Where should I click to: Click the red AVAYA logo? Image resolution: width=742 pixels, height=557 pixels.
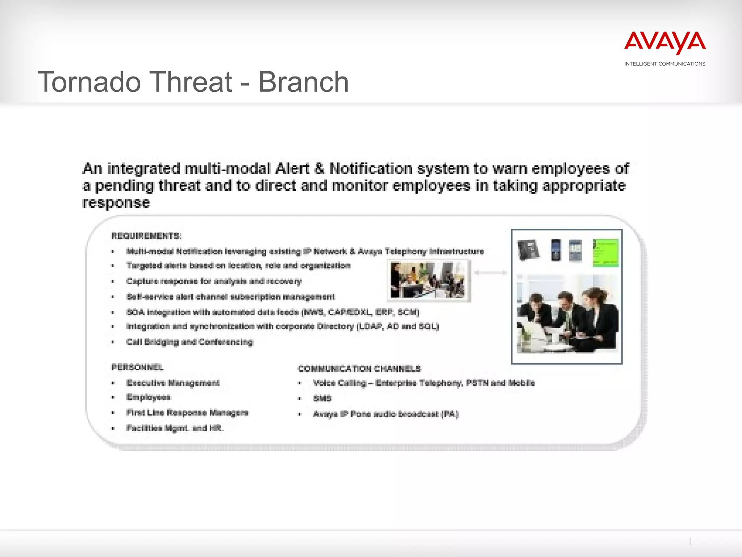tap(665, 42)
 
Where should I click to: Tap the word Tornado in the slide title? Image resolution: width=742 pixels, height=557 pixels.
tap(89, 82)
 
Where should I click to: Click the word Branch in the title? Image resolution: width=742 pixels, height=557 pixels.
tap(303, 82)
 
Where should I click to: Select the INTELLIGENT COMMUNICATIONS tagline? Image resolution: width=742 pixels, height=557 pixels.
tap(665, 64)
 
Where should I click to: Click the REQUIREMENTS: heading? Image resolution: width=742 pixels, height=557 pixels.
tap(146, 236)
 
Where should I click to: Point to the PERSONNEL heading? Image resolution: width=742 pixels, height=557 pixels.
tap(137, 367)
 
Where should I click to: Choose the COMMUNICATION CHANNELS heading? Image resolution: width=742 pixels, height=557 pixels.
tap(359, 369)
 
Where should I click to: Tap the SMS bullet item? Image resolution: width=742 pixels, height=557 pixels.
tap(322, 399)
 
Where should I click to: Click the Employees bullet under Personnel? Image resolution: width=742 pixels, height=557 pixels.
tap(148, 397)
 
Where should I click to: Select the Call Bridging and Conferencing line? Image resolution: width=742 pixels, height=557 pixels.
tap(189, 342)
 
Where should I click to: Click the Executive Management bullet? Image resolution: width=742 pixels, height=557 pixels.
tap(173, 383)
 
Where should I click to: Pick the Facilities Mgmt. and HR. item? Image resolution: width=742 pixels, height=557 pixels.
tap(175, 428)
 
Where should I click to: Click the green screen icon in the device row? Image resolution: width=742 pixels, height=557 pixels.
tap(605, 252)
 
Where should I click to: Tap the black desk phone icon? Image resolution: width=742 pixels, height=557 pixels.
tap(528, 250)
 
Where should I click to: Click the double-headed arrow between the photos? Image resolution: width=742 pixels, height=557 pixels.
tap(490, 273)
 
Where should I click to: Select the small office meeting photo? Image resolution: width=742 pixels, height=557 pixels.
tap(429, 281)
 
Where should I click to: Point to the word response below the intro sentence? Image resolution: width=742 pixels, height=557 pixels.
tap(116, 203)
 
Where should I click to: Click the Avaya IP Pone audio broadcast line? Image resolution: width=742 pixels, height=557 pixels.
tap(385, 414)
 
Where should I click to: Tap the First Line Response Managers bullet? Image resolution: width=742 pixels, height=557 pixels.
tap(187, 413)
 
